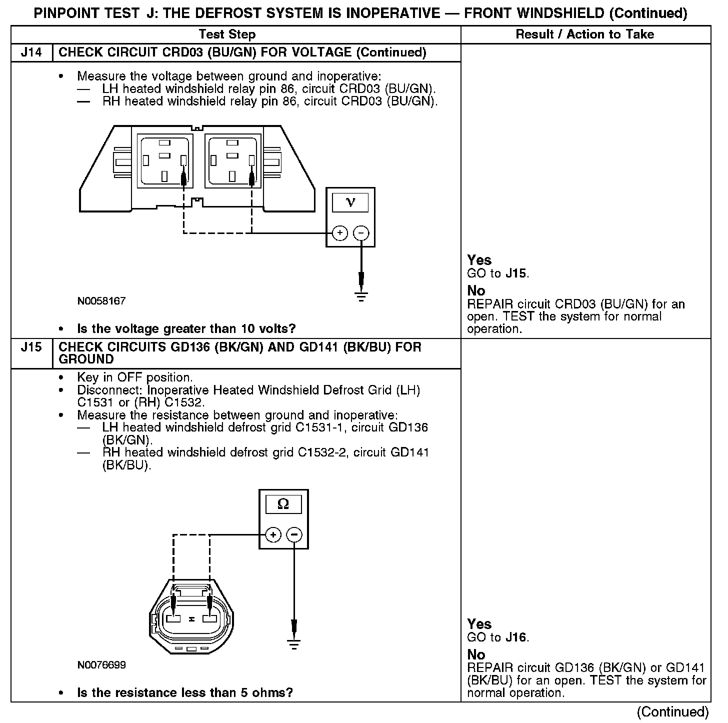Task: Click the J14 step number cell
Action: [31, 52]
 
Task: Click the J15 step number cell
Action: [31, 347]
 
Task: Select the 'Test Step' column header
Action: [227, 34]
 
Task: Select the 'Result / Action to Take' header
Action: [584, 34]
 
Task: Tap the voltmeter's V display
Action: [350, 202]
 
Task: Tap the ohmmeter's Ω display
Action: [283, 504]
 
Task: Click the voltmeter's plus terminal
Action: [340, 233]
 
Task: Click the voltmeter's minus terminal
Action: [361, 233]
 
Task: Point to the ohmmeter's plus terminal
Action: [272, 535]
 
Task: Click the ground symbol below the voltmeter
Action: [361, 296]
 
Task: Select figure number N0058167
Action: [101, 301]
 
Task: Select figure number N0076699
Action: [101, 665]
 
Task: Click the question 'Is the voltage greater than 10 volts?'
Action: [186, 329]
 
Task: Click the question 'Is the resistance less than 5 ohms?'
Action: [184, 693]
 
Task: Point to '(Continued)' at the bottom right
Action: [672, 711]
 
